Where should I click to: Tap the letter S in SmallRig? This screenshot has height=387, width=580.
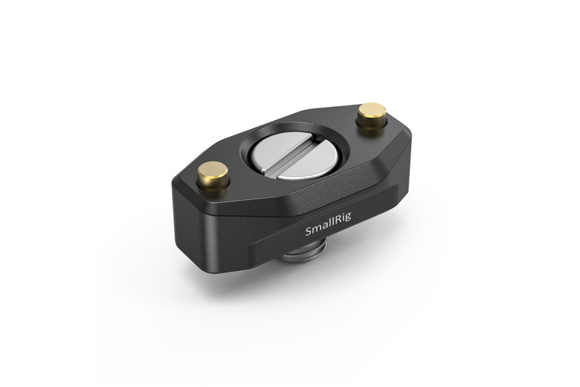[308, 233]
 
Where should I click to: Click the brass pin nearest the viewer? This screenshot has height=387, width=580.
[213, 174]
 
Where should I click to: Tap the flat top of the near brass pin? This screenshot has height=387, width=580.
[213, 169]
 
